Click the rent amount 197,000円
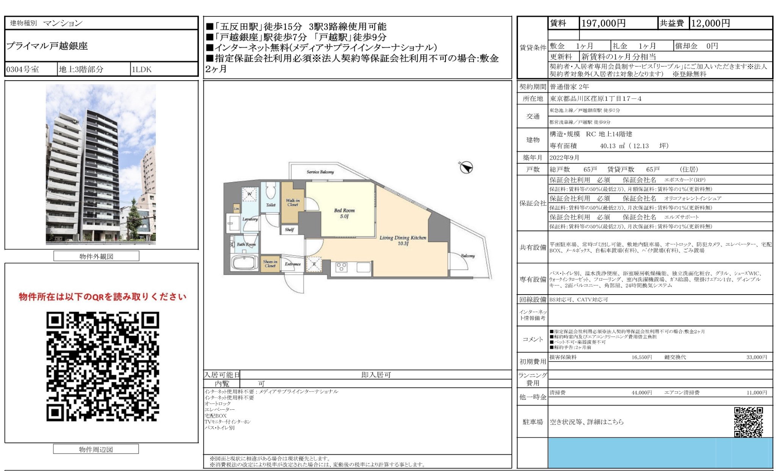point(603,23)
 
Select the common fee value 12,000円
point(710,23)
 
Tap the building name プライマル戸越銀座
point(47,46)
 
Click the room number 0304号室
point(23,69)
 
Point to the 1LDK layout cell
point(142,69)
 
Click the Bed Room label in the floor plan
point(344,213)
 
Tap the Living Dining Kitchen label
point(403,240)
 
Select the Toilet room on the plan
point(271,197)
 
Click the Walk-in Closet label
point(293,203)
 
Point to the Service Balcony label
point(320,172)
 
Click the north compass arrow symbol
point(466,167)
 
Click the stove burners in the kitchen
point(341,267)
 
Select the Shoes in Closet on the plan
point(270,264)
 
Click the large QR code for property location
point(103,366)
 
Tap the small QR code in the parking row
point(748,421)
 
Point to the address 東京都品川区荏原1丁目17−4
point(595,99)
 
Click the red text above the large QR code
point(103,297)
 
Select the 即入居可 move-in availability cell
point(375,375)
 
